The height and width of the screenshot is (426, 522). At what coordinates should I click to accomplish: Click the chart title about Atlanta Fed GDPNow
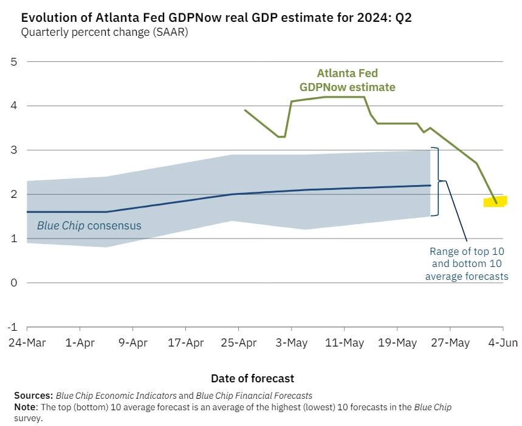(x=216, y=17)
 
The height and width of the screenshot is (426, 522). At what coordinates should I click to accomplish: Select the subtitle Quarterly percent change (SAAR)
(x=105, y=32)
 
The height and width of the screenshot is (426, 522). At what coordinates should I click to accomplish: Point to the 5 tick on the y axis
(x=13, y=62)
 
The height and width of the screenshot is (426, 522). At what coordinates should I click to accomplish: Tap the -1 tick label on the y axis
(x=12, y=327)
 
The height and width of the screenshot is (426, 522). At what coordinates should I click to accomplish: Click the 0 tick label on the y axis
(x=13, y=283)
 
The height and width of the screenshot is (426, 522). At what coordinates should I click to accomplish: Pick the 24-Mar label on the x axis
(x=27, y=342)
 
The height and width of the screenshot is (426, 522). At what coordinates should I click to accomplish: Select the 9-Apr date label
(x=133, y=342)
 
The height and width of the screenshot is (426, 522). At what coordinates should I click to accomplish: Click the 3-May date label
(x=292, y=342)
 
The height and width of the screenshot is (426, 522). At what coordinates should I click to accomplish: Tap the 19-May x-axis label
(x=397, y=342)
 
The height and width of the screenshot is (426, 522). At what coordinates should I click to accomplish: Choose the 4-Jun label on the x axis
(x=503, y=342)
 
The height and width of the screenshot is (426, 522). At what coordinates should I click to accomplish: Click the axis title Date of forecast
(x=252, y=379)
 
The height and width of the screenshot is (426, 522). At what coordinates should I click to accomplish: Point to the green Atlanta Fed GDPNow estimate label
(x=347, y=80)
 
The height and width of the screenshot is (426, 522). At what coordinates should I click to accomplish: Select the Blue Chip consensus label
(x=89, y=226)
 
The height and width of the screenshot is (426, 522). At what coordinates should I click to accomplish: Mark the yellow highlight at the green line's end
(x=495, y=201)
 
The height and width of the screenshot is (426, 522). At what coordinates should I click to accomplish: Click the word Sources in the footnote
(x=33, y=396)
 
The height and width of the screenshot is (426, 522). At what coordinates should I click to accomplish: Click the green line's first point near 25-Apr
(x=245, y=110)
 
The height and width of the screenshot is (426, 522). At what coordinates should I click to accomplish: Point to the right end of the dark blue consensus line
(x=430, y=185)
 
